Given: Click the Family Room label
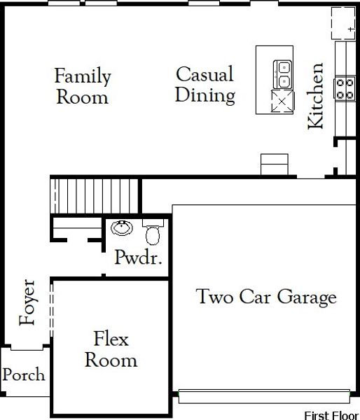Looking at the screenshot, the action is coord(83,85).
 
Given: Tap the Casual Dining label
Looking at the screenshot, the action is coord(205,85).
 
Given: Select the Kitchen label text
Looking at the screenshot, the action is coord(315,96).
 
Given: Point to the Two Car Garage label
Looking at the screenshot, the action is coord(266,297).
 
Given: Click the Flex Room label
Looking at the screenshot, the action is coord(111,349).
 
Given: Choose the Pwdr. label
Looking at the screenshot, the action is coord(138,258).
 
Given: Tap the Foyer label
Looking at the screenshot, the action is coord(27,302).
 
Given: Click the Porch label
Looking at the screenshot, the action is coord(24,374).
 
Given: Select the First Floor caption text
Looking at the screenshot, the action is coord(332,415).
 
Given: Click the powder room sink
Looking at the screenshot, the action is coord(122,228).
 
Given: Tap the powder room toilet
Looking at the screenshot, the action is coord(153,232).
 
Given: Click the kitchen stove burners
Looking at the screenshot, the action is coord(345,89).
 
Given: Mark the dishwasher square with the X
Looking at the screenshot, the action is coord(282,101).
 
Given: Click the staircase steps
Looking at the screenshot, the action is coord(94,196).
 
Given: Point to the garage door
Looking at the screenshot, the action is coord(264,396).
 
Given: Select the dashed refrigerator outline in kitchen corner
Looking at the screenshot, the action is coord(344,23).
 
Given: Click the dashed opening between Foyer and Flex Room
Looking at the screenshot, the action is coord(51,309).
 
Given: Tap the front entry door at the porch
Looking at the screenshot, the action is coord(27,347).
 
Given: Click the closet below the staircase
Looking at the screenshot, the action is coord(77,228).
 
